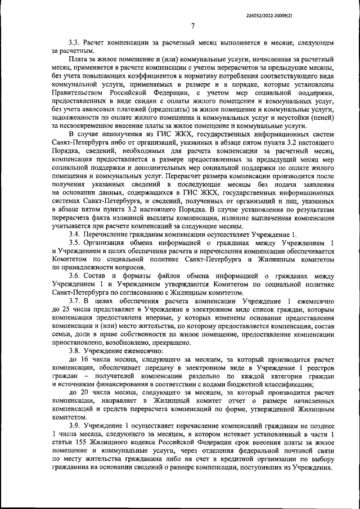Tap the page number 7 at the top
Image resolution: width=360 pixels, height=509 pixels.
click(x=192, y=26)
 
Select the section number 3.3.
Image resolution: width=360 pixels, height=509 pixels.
click(x=75, y=43)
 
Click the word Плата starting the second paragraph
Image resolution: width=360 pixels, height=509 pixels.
click(x=79, y=59)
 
